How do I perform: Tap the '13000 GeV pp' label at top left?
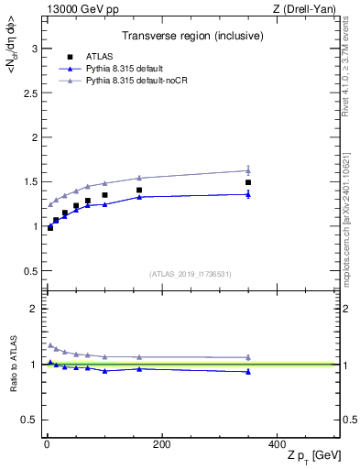click(x=76, y=9)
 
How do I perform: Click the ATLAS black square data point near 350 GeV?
click(x=248, y=182)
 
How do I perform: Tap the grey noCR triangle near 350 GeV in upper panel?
click(x=248, y=170)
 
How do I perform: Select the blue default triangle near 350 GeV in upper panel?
click(x=248, y=193)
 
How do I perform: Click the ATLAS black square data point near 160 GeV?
click(x=139, y=191)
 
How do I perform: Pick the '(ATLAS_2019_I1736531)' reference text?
click(x=190, y=273)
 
